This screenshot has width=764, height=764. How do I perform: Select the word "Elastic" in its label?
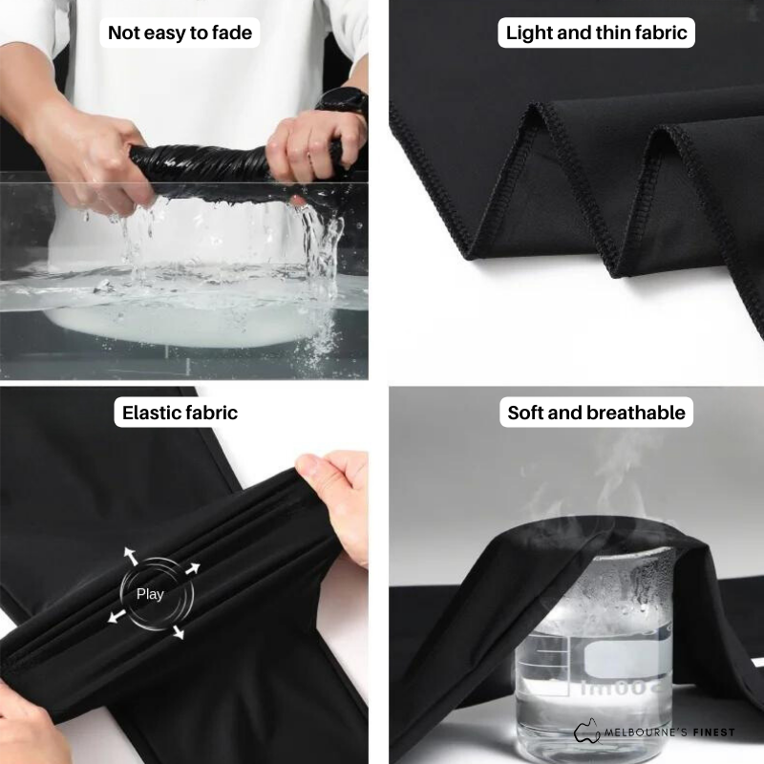pyautogui.click(x=152, y=413)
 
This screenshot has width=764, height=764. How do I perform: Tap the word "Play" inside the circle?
pyautogui.click(x=150, y=594)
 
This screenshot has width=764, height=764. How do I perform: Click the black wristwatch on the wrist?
pyautogui.click(x=344, y=101)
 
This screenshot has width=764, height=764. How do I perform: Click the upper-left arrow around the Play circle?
pyautogui.click(x=131, y=556)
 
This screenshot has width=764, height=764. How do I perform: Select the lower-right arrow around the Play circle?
pyautogui.click(x=179, y=632)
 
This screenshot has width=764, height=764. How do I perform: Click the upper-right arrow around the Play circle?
pyautogui.click(x=193, y=568)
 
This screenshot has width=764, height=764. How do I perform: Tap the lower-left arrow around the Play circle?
pyautogui.click(x=117, y=616)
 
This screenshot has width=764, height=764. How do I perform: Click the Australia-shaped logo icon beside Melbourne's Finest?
pyautogui.click(x=587, y=731)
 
